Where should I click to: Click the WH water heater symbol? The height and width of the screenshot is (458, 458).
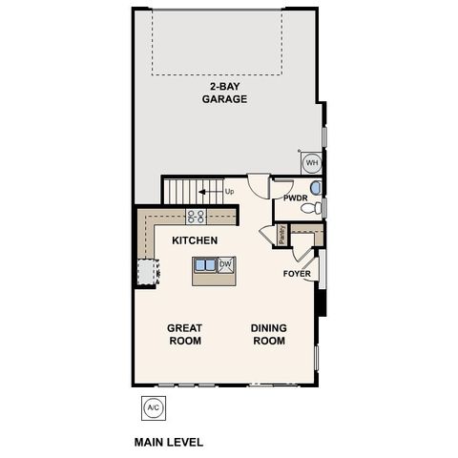[x=312, y=163]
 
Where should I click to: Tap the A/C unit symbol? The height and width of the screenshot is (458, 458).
[x=152, y=407]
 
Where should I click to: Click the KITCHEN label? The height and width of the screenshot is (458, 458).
[x=195, y=240]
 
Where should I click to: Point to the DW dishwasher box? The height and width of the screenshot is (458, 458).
[x=226, y=265]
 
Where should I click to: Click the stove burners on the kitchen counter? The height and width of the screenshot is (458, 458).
[x=196, y=216]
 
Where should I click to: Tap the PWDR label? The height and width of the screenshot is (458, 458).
[x=295, y=198]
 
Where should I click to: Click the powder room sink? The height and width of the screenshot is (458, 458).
[x=316, y=187]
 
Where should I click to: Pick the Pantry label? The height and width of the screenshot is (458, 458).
[x=281, y=234]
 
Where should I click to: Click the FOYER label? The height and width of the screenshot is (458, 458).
[x=297, y=274]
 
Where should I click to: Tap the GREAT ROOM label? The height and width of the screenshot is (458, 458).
[x=185, y=334]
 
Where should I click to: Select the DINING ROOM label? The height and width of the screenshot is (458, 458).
[x=268, y=334]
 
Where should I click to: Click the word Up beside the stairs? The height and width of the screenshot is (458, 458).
[x=229, y=192]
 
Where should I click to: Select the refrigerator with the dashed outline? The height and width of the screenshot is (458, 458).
[x=145, y=273]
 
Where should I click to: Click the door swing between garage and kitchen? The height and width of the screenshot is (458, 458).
[x=259, y=184]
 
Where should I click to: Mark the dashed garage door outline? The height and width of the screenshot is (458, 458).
[x=218, y=43]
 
